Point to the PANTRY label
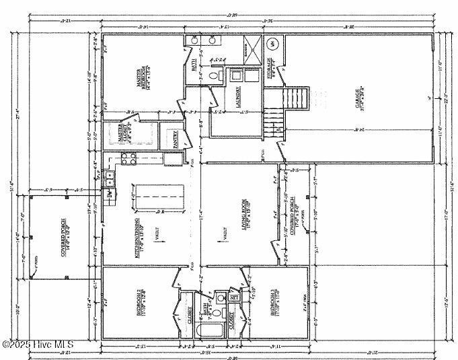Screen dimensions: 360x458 coord(176,139)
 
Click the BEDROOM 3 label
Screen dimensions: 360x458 coord(274,303)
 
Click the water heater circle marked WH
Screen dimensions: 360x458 coord(272,44)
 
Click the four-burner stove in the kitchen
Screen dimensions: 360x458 coord(128,159)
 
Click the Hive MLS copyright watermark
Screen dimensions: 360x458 coord(38,345)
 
